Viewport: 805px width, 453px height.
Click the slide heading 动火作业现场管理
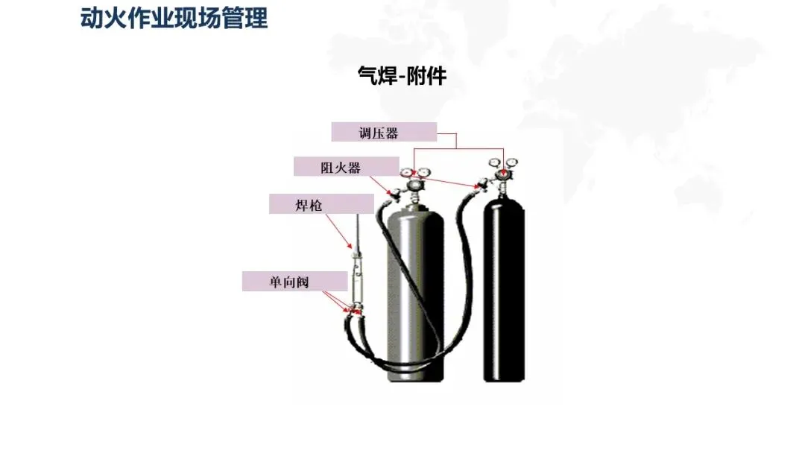174,18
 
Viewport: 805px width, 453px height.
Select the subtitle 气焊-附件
402,76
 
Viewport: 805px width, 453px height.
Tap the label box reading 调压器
384,133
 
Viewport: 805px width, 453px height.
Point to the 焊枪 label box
321,204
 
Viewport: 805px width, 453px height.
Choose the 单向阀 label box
294,282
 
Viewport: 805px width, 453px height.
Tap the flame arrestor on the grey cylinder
393,193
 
